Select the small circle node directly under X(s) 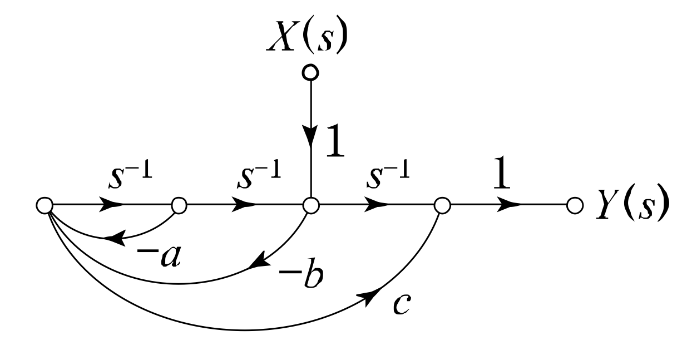coord(311,72)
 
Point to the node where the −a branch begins coord(179,206)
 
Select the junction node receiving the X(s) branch coord(311,206)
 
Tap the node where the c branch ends coord(441,206)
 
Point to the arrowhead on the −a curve coord(113,239)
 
